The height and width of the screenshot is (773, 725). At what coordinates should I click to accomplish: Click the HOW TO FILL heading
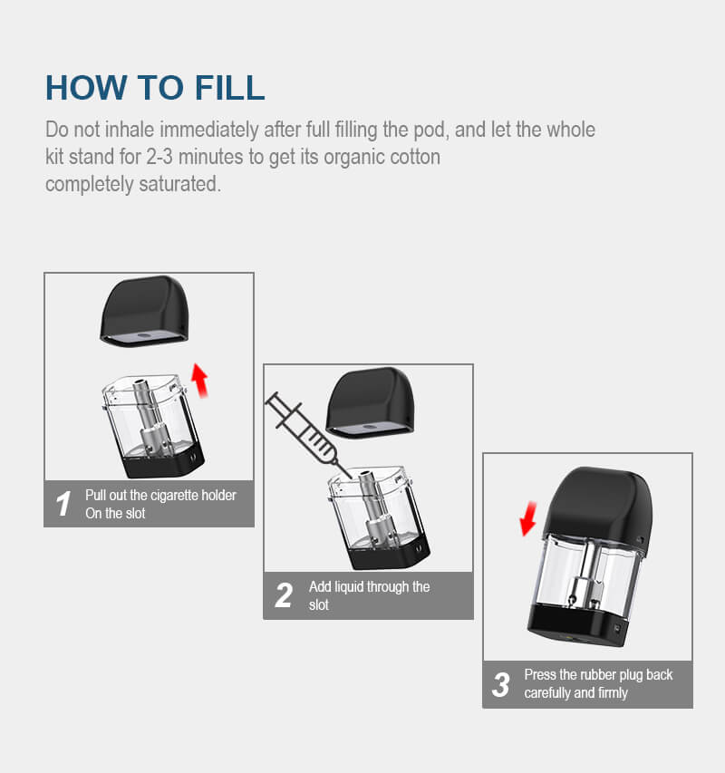[155, 88]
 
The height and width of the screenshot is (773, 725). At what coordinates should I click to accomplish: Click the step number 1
[63, 504]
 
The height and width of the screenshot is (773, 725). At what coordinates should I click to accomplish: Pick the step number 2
[284, 595]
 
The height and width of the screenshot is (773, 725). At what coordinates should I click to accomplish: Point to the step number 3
[500, 684]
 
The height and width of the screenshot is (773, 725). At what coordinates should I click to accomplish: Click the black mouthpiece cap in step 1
[145, 312]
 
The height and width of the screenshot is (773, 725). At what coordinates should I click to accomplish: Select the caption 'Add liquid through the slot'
[369, 595]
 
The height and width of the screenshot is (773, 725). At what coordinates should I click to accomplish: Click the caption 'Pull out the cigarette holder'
[160, 496]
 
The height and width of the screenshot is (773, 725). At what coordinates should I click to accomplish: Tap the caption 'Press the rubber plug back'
[598, 675]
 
